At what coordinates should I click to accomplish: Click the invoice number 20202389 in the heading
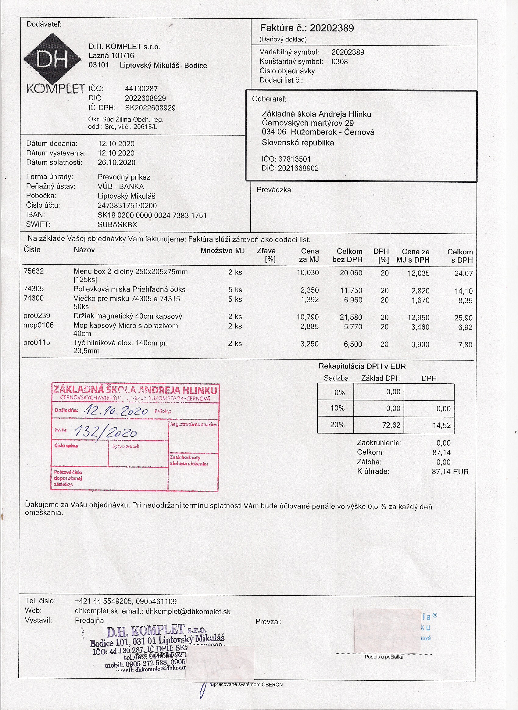(x=332, y=28)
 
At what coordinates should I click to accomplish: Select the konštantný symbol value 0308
(x=340, y=62)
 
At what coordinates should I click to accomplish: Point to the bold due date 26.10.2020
(x=117, y=163)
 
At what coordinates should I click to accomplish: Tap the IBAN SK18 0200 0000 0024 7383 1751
(x=152, y=215)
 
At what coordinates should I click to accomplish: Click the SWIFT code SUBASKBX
(x=117, y=224)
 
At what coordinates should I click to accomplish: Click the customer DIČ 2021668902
(x=298, y=168)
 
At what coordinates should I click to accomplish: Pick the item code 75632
(x=34, y=271)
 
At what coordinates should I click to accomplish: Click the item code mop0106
(x=38, y=325)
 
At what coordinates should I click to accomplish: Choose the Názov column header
(x=84, y=250)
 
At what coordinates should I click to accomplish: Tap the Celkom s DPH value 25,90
(x=463, y=318)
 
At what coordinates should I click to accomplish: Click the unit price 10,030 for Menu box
(x=308, y=273)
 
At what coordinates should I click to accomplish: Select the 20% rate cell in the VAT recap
(x=337, y=425)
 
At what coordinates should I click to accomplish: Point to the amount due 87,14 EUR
(x=450, y=472)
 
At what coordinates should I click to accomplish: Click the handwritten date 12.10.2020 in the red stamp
(x=116, y=411)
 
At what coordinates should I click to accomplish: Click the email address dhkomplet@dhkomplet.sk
(x=188, y=612)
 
